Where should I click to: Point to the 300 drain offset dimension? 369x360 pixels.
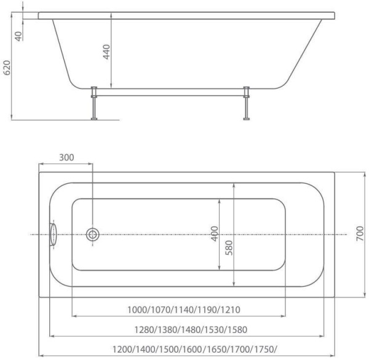click(x=66, y=158)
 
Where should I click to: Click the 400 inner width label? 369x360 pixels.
click(x=215, y=234)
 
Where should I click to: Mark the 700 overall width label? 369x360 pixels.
click(x=360, y=234)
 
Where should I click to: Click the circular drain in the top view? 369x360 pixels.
click(x=93, y=234)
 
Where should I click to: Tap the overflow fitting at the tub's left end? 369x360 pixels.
click(x=53, y=234)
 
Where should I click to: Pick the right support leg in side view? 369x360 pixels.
click(x=247, y=103)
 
